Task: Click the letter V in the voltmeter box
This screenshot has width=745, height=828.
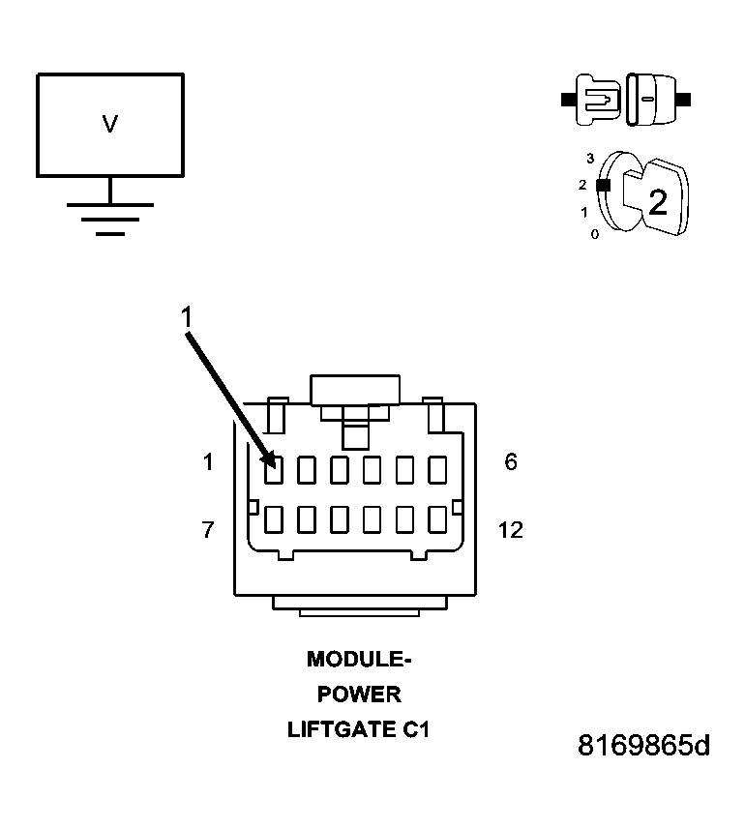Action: (109, 124)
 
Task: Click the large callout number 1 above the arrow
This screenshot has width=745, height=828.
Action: (188, 316)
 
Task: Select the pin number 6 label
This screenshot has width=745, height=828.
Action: (511, 462)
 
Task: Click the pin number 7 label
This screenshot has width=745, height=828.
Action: (207, 530)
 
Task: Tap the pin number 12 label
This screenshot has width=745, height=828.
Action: (510, 530)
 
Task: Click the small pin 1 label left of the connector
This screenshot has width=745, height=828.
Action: (207, 462)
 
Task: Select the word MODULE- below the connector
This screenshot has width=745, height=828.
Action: (359, 660)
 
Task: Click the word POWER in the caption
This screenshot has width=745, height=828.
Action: (359, 695)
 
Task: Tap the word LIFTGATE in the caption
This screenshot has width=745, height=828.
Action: (340, 729)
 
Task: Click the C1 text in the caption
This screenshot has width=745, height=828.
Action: (415, 729)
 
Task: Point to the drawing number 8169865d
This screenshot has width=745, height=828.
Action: (643, 746)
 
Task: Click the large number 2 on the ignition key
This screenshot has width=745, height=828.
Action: (658, 202)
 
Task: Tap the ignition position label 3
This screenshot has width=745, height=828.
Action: (589, 157)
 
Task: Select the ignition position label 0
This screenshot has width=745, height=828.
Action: (594, 234)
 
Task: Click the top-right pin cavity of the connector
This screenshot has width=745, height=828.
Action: (437, 470)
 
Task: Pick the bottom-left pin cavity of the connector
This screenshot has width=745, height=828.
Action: (274, 519)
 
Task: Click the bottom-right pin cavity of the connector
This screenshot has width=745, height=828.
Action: (437, 519)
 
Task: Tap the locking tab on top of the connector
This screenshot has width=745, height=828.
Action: (355, 391)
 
